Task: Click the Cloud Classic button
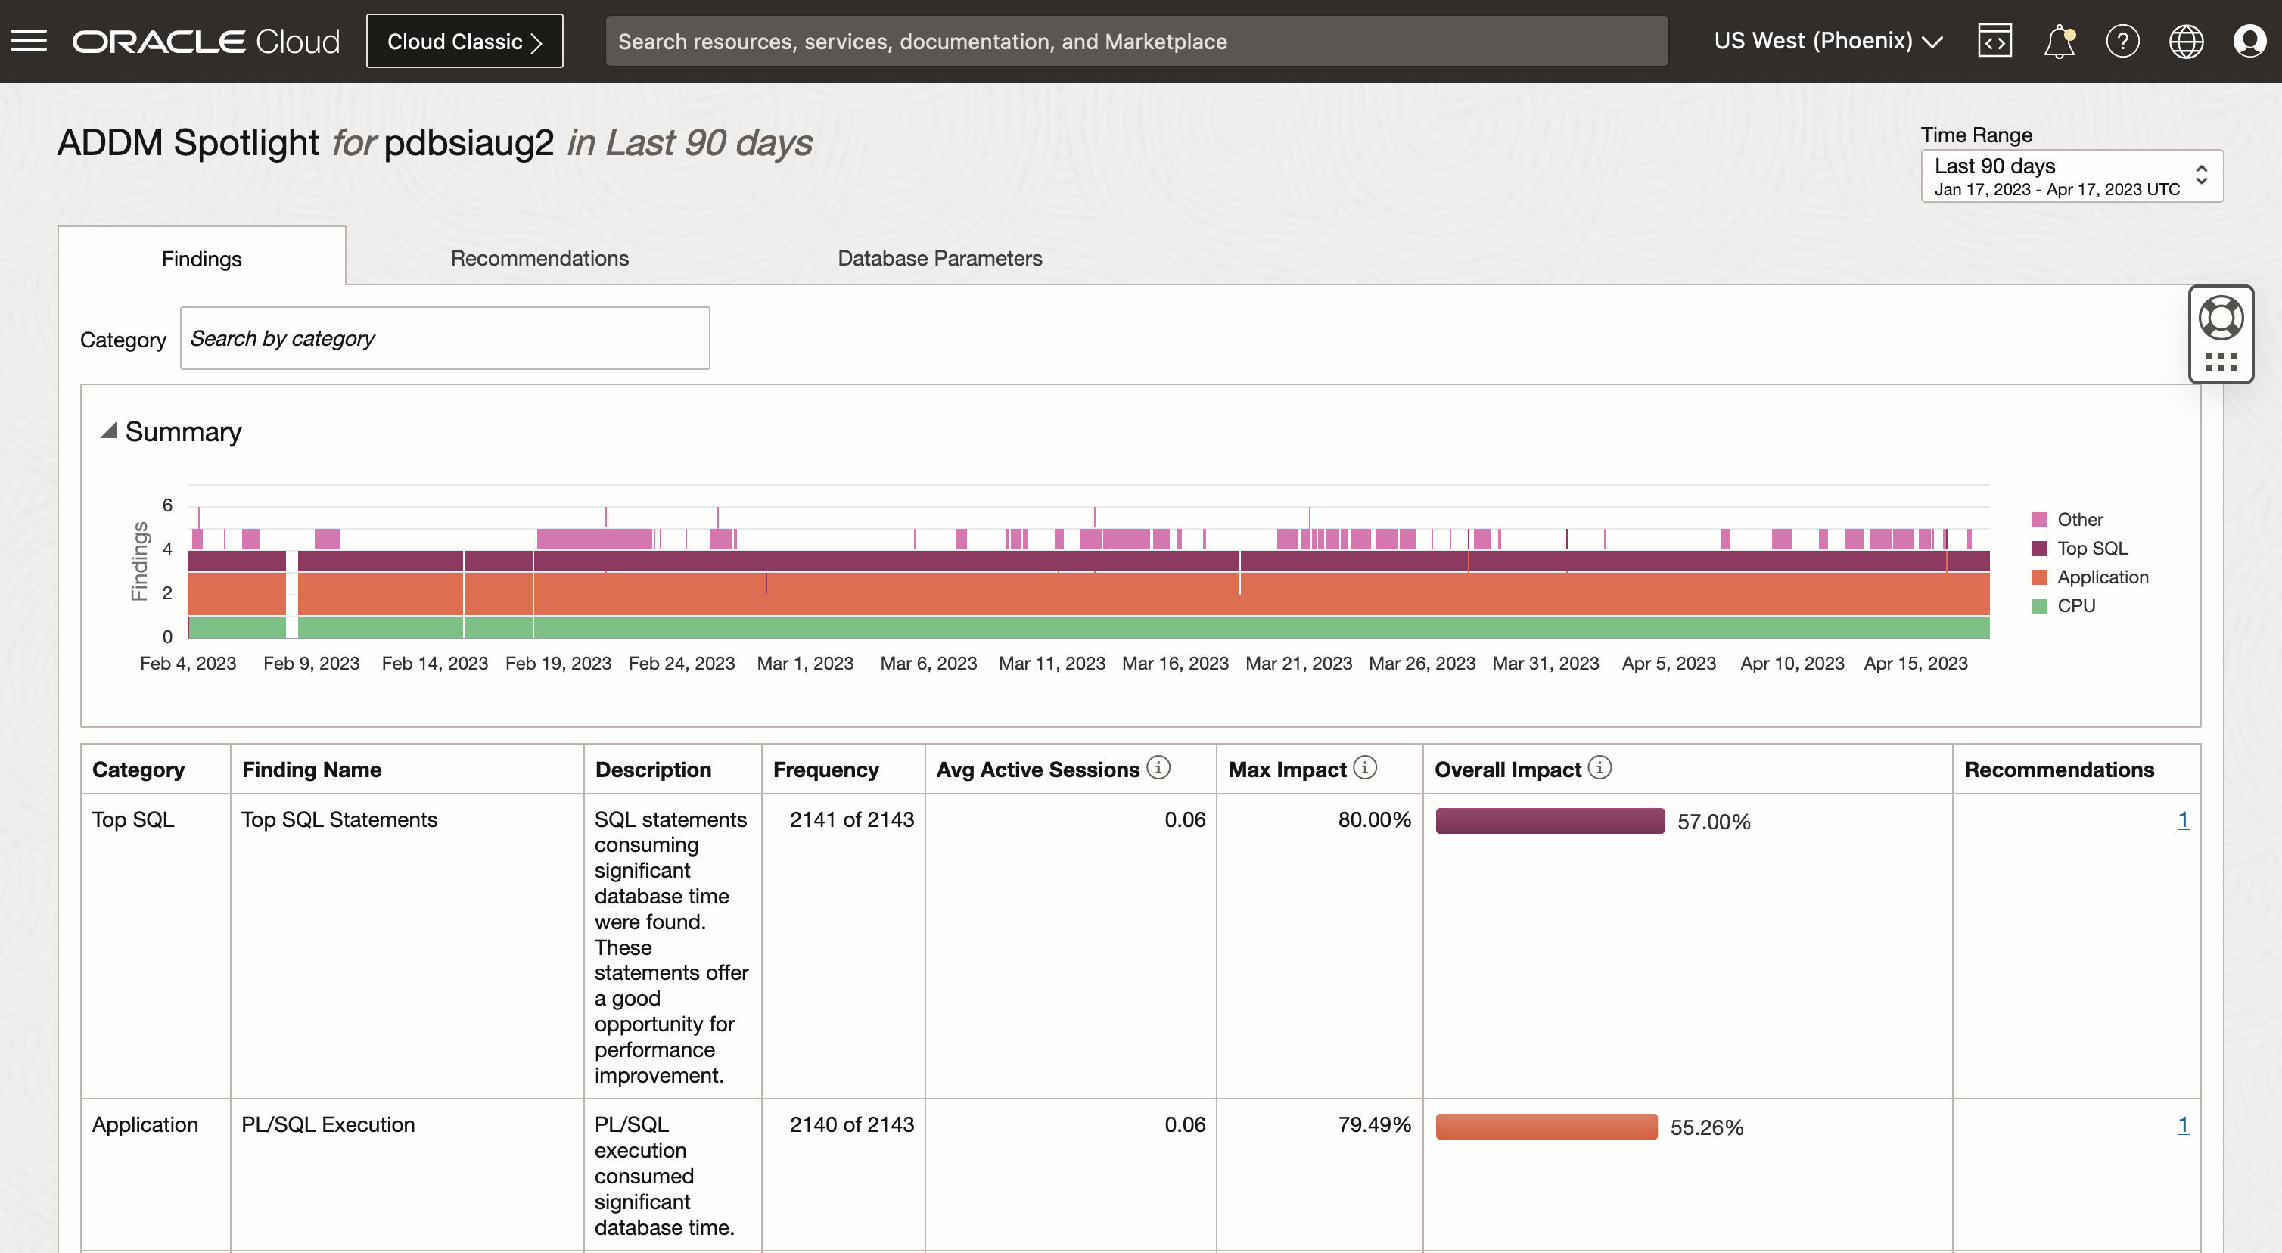pyautogui.click(x=465, y=42)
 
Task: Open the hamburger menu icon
pyautogui.click(x=28, y=41)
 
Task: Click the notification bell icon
pyautogui.click(x=2059, y=42)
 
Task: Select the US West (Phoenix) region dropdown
pyautogui.click(x=1827, y=41)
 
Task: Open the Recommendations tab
pyautogui.click(x=539, y=258)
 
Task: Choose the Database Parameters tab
pyautogui.click(x=940, y=258)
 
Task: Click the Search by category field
pyautogui.click(x=445, y=338)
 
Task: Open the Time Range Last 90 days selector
pyautogui.click(x=2071, y=176)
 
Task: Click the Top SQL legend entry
pyautogui.click(x=2091, y=549)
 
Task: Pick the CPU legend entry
pyautogui.click(x=2075, y=606)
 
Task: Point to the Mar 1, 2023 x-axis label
pyautogui.click(x=804, y=664)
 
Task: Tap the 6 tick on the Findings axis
pyautogui.click(x=167, y=505)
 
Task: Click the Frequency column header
pyautogui.click(x=825, y=770)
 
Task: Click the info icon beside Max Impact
pyautogui.click(x=1365, y=767)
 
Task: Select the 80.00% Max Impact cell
pyautogui.click(x=1374, y=819)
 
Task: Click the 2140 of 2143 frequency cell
pyautogui.click(x=851, y=1124)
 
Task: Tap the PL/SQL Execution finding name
pyautogui.click(x=328, y=1124)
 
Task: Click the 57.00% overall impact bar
pyautogui.click(x=1550, y=820)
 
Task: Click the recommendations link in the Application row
pyautogui.click(x=2183, y=1124)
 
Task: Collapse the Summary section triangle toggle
pyautogui.click(x=109, y=431)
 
